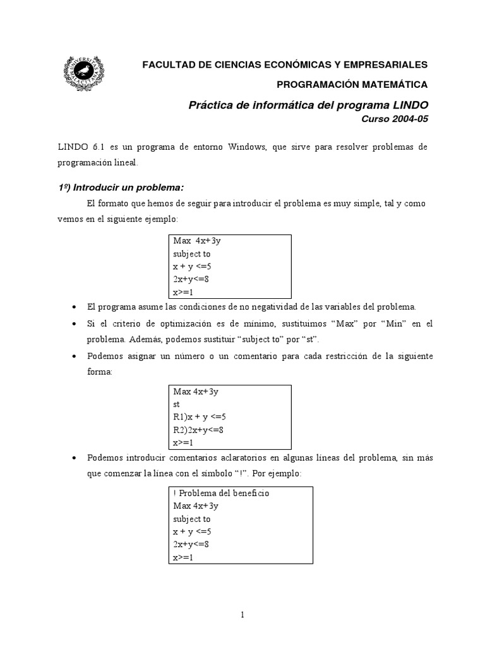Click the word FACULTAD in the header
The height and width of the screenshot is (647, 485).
[x=166, y=64]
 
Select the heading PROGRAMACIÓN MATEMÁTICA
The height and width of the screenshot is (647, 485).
[x=352, y=84]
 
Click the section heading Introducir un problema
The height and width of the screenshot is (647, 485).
[x=119, y=187]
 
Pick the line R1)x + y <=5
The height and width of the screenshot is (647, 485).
[x=199, y=416]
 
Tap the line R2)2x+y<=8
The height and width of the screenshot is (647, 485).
[x=198, y=430]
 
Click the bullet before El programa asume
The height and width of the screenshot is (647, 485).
[x=74, y=307]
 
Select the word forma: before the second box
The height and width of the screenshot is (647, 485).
[x=99, y=372]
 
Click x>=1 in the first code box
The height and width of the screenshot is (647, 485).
[x=183, y=292]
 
